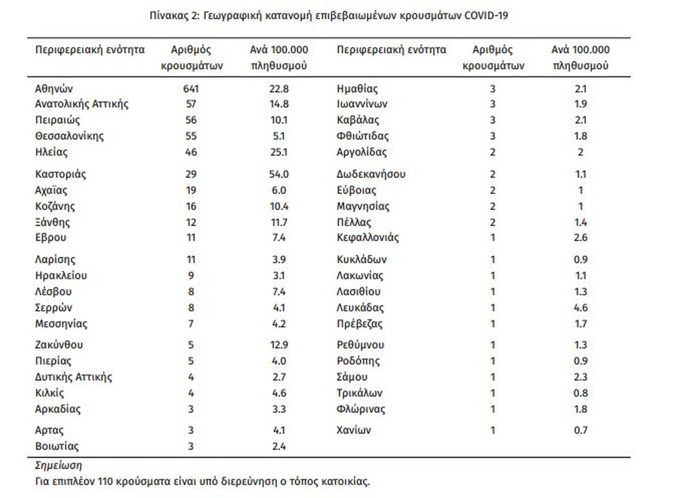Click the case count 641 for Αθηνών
pyautogui.click(x=191, y=89)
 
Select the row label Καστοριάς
pyautogui.click(x=60, y=175)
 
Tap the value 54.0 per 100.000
pyautogui.click(x=279, y=175)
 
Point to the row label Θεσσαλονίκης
pyautogui.click(x=70, y=136)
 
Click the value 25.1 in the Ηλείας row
pyautogui.click(x=279, y=152)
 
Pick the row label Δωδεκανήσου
pyautogui.click(x=371, y=175)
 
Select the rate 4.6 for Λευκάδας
pyautogui.click(x=580, y=307)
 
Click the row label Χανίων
pyautogui.click(x=354, y=430)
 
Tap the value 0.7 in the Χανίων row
pyautogui.click(x=580, y=430)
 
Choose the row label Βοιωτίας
pyautogui.click(x=57, y=446)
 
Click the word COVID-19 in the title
pyautogui.click(x=486, y=16)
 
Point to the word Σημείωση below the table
pyautogui.click(x=58, y=465)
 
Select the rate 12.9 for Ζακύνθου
pyautogui.click(x=279, y=345)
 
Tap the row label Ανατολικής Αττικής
pyautogui.click(x=82, y=104)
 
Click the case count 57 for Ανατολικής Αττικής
pyautogui.click(x=191, y=104)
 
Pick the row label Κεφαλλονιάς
pyautogui.click(x=367, y=238)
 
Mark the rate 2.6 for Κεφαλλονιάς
pyautogui.click(x=580, y=238)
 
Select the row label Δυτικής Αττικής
pyautogui.click(x=73, y=377)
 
